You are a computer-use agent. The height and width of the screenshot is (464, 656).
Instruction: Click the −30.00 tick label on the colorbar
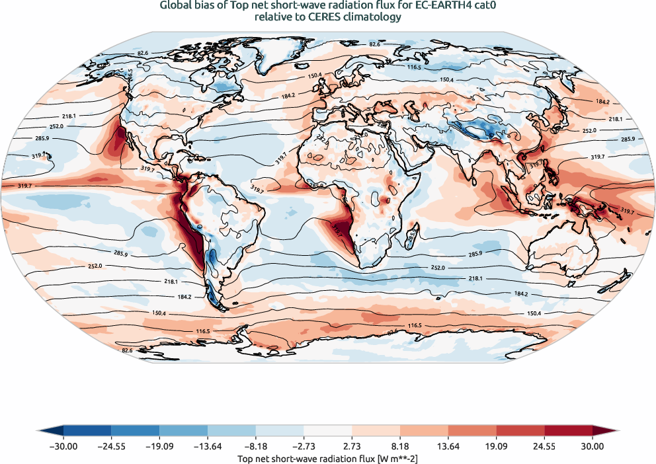tap(63, 447)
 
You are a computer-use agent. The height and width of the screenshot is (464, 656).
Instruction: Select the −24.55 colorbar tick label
tap(111, 447)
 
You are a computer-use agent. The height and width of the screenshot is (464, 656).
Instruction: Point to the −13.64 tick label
tap(208, 447)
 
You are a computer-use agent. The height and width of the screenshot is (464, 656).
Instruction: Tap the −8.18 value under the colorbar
tap(256, 447)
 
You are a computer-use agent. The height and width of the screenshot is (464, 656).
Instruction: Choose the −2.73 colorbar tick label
tap(304, 447)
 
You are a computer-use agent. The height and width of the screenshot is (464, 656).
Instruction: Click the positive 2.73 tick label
tap(352, 447)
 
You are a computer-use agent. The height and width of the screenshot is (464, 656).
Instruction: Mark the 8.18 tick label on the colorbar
tap(400, 447)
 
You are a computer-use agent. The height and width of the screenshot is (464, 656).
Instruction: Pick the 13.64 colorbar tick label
tap(448, 447)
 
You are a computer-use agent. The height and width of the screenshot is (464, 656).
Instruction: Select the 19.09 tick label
tap(496, 447)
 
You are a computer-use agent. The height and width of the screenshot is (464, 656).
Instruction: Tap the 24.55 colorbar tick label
tap(544, 447)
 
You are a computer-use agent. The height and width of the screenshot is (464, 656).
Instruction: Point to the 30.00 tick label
tap(593, 447)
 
